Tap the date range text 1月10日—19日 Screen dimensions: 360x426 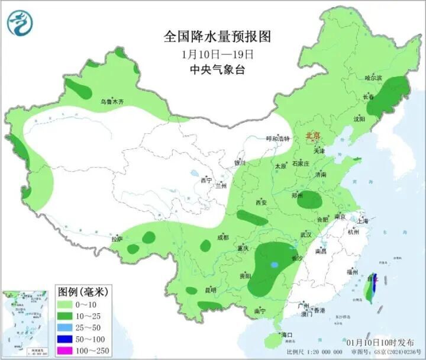(217, 54)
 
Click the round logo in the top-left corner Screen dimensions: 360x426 (20, 22)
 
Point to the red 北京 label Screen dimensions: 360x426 (312, 136)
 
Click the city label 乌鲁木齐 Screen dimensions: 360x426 (112, 102)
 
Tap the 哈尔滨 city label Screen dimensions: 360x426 (373, 78)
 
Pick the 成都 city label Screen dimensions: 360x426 (222, 237)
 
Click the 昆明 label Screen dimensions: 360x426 (210, 290)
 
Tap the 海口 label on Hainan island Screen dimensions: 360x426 (287, 335)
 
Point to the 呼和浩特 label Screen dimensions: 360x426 (277, 139)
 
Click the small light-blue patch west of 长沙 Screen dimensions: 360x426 (273, 265)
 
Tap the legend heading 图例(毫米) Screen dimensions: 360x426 (82, 291)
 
